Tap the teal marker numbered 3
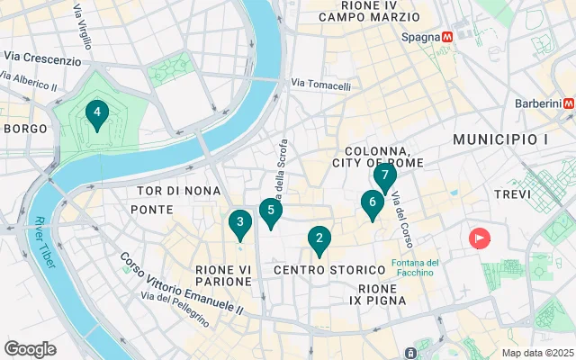(x=238, y=221)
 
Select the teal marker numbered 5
(x=270, y=211)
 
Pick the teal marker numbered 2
(x=318, y=238)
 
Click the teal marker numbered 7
(x=384, y=175)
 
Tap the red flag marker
(x=480, y=238)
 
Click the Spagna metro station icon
(x=446, y=37)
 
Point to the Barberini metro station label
(x=537, y=103)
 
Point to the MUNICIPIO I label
(x=500, y=139)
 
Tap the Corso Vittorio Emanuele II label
(x=182, y=282)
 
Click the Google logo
(x=30, y=348)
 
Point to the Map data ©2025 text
(x=536, y=353)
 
